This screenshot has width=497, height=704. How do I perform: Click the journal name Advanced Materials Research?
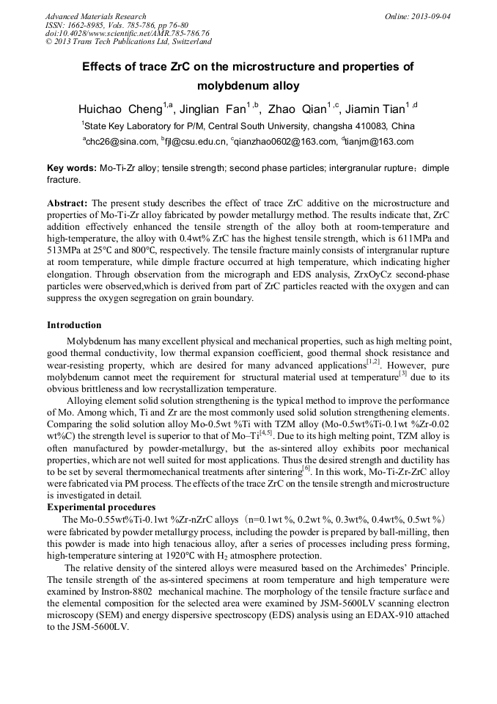[95, 16]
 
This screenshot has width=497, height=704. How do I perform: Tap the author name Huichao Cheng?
[120, 109]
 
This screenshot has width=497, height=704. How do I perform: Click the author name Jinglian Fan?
[216, 109]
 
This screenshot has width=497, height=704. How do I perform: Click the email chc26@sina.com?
[122, 142]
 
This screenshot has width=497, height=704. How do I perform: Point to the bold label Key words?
[71, 168]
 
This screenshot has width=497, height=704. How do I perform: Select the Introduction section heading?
[74, 324]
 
